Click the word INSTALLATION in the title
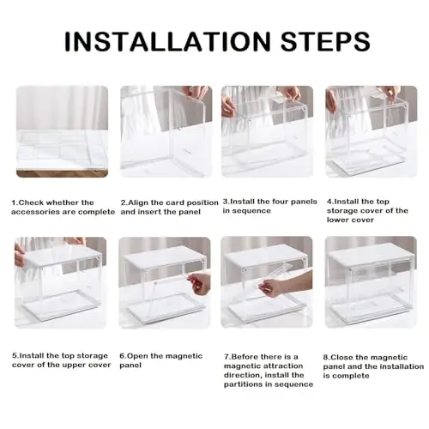point(167,41)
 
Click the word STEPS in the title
point(325,41)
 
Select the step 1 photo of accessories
point(62,131)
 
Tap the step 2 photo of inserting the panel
point(166,131)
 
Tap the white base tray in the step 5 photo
point(59,305)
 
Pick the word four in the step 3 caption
point(281,202)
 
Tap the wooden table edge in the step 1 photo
point(62,173)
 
